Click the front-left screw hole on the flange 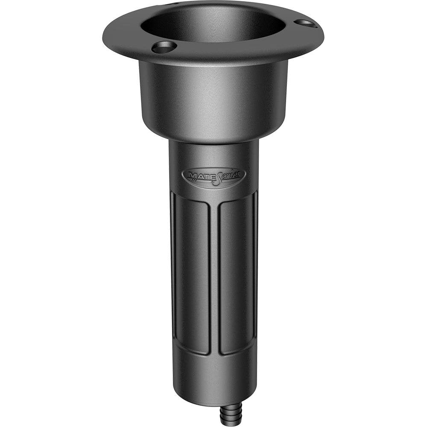pyautogui.click(x=164, y=47)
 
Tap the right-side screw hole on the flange pyautogui.click(x=306, y=23)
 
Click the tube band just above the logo pyautogui.click(x=213, y=154)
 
